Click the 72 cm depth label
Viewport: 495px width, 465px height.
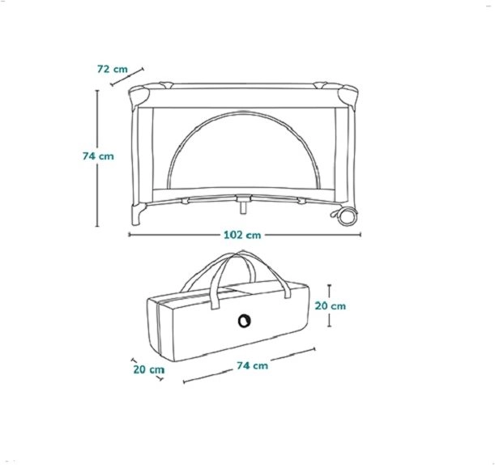pos(113,69)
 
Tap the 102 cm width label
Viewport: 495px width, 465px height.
pos(242,235)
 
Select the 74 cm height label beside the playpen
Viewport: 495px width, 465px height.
pos(98,156)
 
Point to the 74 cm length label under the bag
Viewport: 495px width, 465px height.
pos(252,365)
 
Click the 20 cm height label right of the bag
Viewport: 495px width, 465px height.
pos(331,306)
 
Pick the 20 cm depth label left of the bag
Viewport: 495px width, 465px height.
pos(149,369)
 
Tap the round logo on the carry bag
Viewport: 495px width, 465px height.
pos(245,321)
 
